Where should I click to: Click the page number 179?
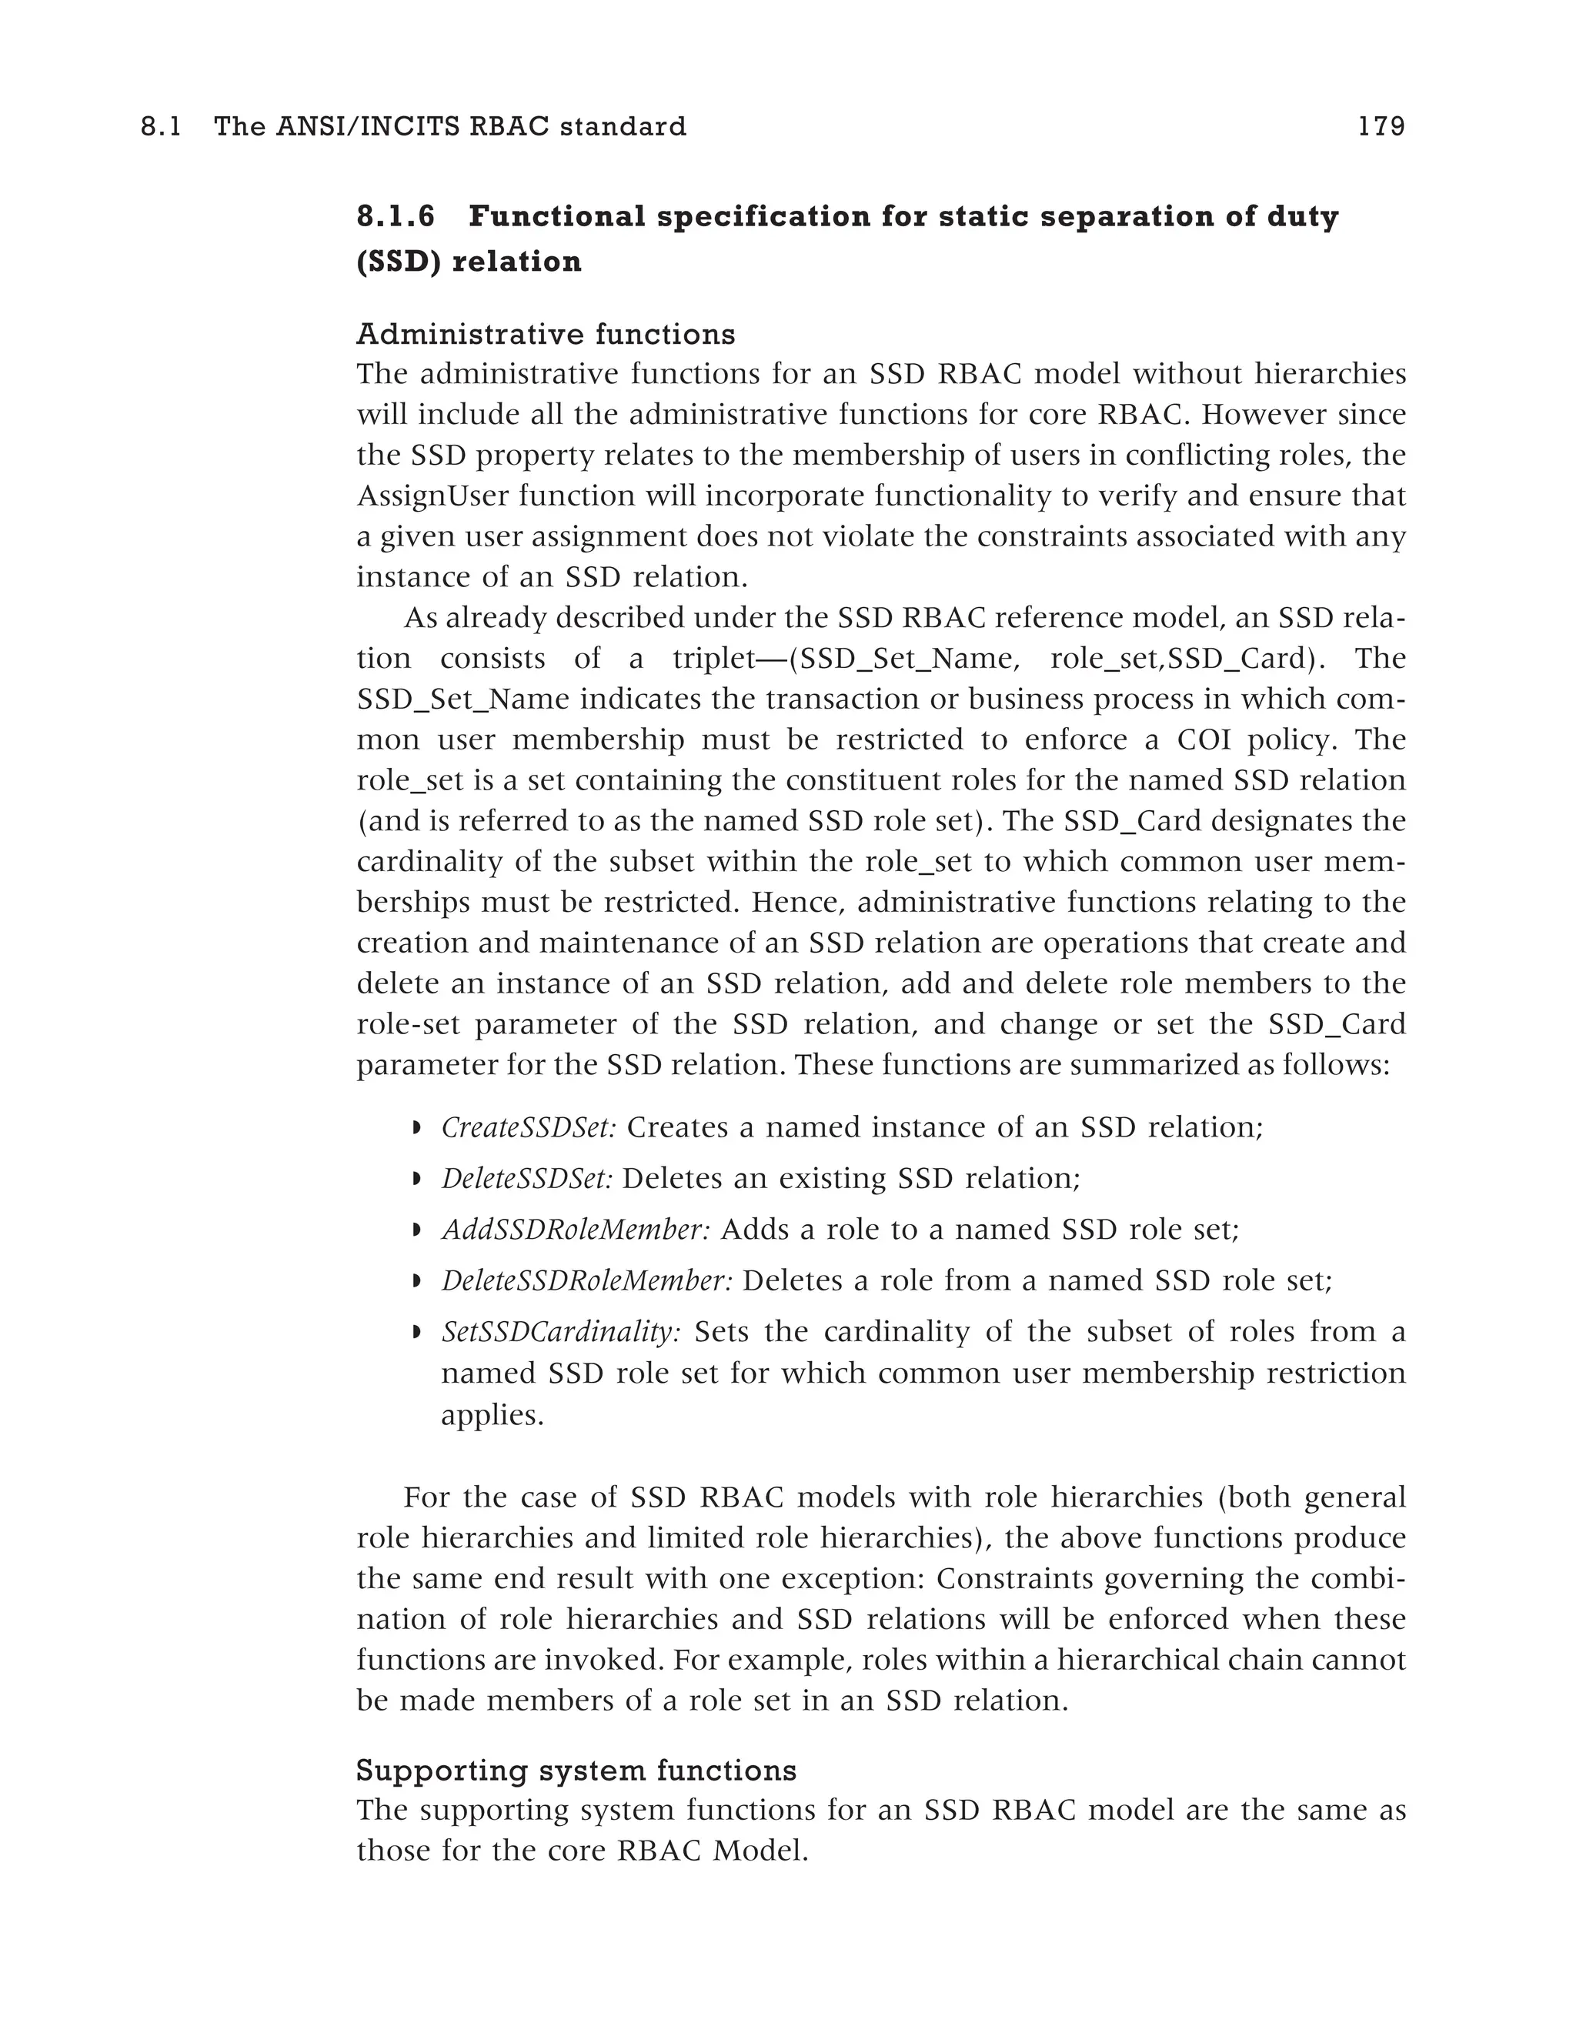1381,127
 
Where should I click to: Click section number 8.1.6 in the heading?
396,217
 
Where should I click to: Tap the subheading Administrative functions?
546,334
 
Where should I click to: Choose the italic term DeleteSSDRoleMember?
587,1281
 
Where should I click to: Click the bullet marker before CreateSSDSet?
416,1129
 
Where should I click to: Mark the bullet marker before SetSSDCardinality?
416,1333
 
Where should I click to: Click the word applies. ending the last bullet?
492,1416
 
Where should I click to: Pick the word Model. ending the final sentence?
760,1851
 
